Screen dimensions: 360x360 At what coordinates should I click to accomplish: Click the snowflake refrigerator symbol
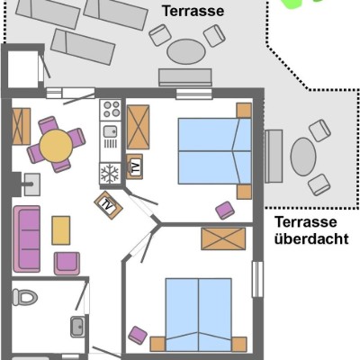110,173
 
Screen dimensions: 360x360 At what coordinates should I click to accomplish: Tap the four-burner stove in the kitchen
111,110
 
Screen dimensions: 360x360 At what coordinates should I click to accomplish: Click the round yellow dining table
56,146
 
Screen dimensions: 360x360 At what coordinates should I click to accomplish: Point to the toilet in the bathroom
24,297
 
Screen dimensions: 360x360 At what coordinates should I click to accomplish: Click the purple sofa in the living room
27,238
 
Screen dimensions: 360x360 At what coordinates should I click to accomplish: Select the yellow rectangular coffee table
61,230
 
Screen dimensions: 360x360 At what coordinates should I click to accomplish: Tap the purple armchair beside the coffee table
67,263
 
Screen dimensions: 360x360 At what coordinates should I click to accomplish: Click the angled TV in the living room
108,205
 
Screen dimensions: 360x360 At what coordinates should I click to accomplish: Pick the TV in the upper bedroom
134,166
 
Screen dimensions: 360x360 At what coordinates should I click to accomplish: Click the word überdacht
311,239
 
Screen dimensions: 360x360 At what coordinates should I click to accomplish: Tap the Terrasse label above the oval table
193,11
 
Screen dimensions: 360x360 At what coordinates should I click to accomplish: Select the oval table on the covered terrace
303,157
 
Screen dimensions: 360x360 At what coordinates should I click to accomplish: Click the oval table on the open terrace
186,51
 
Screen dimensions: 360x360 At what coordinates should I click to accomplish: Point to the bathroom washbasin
77,327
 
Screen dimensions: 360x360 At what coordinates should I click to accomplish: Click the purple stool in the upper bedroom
225,210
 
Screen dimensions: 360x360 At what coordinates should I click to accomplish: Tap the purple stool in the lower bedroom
138,335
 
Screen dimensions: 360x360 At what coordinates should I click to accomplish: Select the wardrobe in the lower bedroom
223,238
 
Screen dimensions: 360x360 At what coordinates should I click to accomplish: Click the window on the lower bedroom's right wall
257,279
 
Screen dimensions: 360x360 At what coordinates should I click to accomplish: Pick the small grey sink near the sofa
31,184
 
